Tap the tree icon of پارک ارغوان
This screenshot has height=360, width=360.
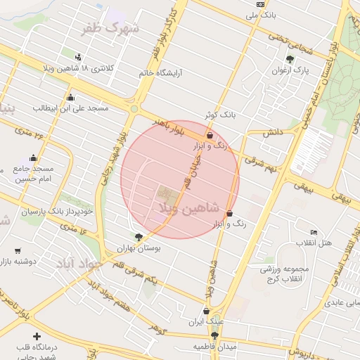click(x=290, y=59)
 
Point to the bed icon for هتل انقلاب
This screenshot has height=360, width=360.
click(x=314, y=232)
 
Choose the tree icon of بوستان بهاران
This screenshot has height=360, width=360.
click(x=139, y=237)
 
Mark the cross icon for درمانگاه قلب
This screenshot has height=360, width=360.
click(x=37, y=337)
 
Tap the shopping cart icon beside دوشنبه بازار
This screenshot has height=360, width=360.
click(x=18, y=250)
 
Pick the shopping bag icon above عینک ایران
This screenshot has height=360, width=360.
click(x=205, y=310)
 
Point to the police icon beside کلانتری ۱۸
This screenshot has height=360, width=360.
click(x=77, y=57)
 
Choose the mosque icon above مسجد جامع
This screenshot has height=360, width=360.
click(x=33, y=157)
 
